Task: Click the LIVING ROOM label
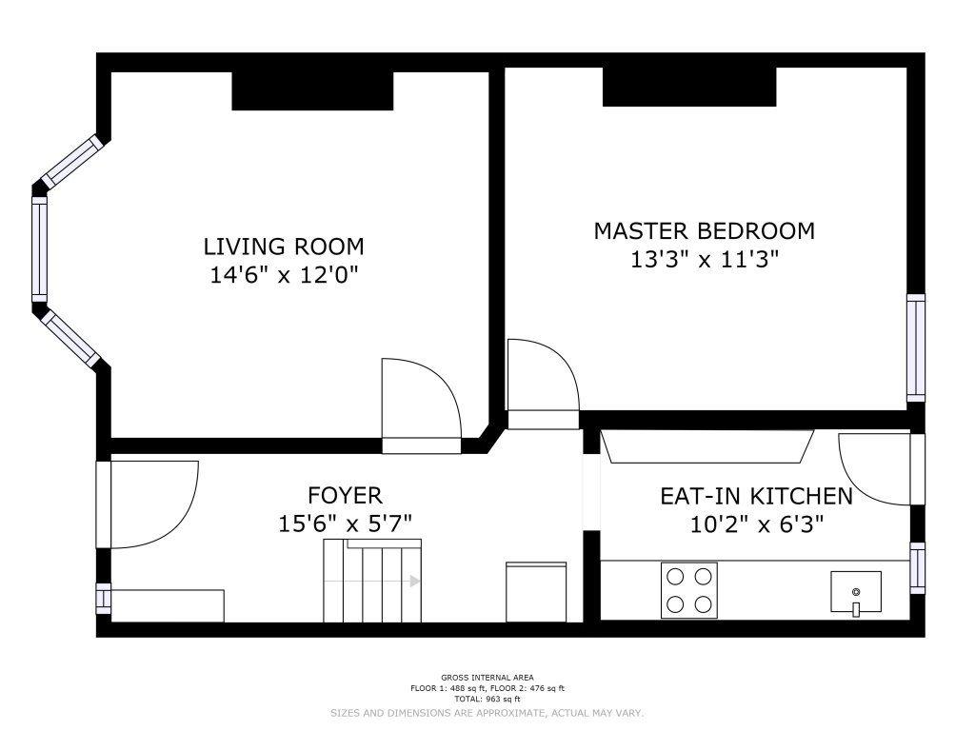(284, 247)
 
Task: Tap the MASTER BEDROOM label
(704, 231)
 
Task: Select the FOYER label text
(345, 495)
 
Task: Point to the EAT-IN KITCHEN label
(756, 496)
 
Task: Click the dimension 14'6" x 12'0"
(284, 275)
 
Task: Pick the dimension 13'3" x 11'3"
(705, 259)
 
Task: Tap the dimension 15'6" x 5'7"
(345, 524)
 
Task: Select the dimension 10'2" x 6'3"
(757, 524)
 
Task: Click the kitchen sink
(856, 592)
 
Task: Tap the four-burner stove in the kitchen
(689, 590)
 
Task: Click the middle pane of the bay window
(39, 249)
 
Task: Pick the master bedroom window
(916, 347)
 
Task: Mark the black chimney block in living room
(312, 90)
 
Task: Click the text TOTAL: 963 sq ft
(487, 699)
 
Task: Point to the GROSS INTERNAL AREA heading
(487, 678)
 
